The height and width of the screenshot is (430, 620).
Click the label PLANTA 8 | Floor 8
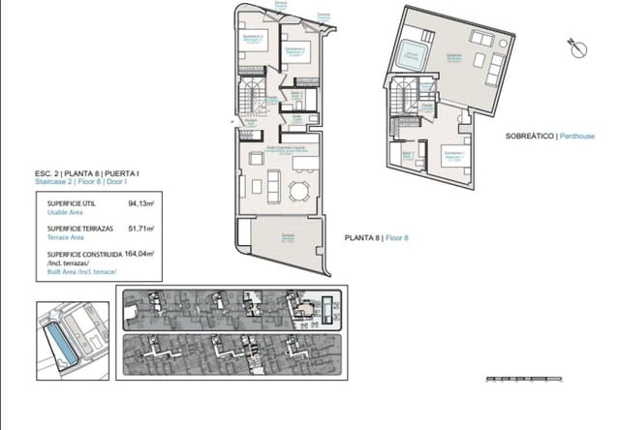pos(378,237)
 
